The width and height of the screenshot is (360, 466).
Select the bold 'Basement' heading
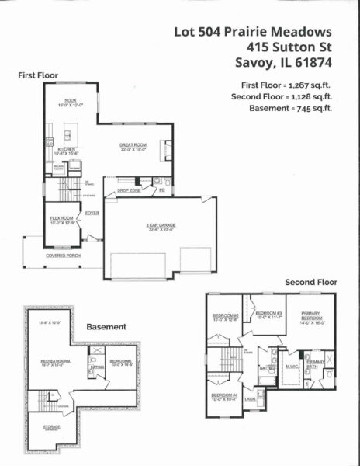coord(106,327)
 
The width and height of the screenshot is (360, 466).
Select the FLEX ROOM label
coord(62,219)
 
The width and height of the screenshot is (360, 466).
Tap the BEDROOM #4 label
coord(223,395)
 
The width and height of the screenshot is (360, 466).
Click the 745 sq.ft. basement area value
coord(313,108)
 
